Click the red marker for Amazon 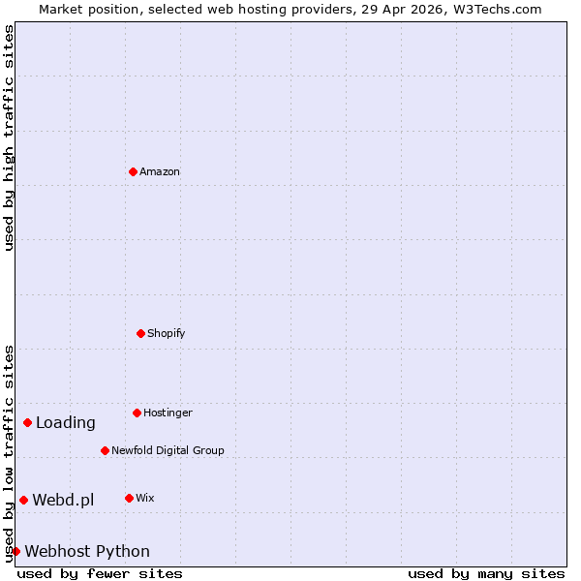pos(133,171)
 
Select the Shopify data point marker pos(140,333)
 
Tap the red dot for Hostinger pos(137,413)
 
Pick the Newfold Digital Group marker pos(105,450)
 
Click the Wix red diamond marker pos(129,498)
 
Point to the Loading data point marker pos(27,422)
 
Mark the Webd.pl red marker pos(23,500)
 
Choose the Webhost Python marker pos(15,551)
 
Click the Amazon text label pos(160,171)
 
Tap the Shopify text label pos(166,333)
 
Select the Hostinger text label pos(168,413)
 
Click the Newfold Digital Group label pos(168,450)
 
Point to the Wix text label pos(144,498)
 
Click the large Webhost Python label pos(87,551)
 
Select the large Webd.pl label pos(63,500)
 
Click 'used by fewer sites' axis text pos(100,573)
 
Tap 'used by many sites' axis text pos(486,573)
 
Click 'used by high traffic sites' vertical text pos(9,138)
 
